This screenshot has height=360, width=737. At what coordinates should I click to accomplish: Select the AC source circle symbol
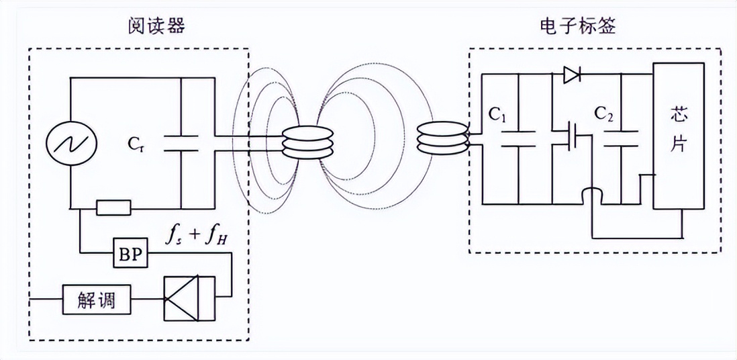pyautogui.click(x=71, y=142)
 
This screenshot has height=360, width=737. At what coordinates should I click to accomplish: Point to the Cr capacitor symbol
pyautogui.click(x=181, y=142)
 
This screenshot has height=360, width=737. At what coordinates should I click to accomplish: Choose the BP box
pyautogui.click(x=130, y=256)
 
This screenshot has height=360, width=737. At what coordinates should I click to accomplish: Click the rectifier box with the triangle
pyautogui.click(x=189, y=300)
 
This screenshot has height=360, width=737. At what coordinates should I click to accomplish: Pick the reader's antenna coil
pyautogui.click(x=307, y=142)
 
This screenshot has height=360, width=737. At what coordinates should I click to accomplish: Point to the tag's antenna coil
pyautogui.click(x=442, y=138)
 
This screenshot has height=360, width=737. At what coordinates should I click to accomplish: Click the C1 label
pyautogui.click(x=497, y=116)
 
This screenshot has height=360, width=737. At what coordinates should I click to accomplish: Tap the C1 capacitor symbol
pyautogui.click(x=518, y=138)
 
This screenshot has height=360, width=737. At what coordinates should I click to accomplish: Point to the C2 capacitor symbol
pyautogui.click(x=621, y=138)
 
